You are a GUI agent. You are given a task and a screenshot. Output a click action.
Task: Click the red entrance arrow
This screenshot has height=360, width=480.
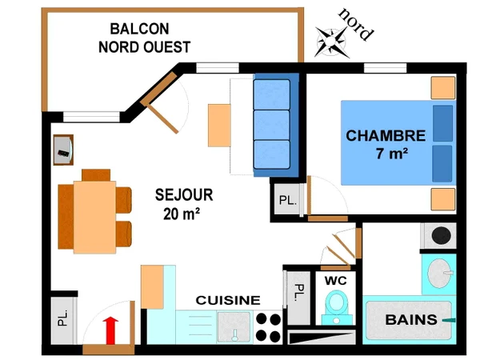[111, 329]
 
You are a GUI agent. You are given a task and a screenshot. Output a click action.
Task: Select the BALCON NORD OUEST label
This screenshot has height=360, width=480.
[144, 38]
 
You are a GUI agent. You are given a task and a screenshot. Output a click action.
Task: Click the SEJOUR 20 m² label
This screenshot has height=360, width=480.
[184, 204]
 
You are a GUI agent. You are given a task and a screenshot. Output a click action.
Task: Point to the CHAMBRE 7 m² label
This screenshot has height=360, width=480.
[386, 144]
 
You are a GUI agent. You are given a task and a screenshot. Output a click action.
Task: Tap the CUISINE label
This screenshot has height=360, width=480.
[228, 300]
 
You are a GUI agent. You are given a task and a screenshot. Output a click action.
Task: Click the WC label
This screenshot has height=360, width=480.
[335, 281]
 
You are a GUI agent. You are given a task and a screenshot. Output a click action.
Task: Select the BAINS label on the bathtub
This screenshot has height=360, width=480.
[411, 320]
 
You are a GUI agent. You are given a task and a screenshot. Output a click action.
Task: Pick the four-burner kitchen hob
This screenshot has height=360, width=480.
[268, 326]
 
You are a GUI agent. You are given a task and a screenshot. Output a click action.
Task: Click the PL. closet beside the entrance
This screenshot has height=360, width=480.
[62, 321]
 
